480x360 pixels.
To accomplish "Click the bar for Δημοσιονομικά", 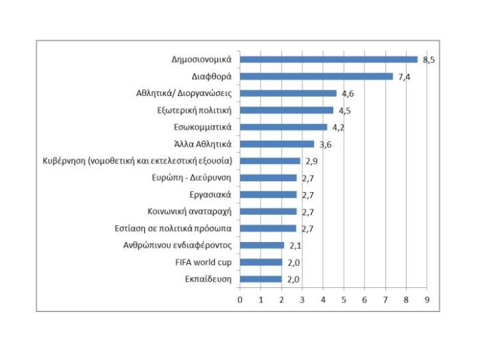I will [x=328, y=60].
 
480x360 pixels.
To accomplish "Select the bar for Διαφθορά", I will [x=317, y=76].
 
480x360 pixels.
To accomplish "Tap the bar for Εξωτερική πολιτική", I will [x=287, y=110].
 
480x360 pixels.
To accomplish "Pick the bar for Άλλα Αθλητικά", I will [x=277, y=144].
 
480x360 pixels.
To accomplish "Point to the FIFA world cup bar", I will [x=261, y=262].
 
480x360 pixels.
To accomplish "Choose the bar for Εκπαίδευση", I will [x=261, y=279].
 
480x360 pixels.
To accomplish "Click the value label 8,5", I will [x=429, y=60].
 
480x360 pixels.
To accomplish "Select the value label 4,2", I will [x=339, y=127].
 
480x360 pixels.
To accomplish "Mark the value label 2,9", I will [x=311, y=160].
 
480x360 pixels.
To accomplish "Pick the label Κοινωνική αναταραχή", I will [x=190, y=211].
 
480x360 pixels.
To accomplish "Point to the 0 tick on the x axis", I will [x=240, y=300].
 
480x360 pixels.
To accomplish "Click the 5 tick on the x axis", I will [x=344, y=300].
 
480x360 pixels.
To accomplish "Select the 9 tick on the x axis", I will [x=427, y=300].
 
